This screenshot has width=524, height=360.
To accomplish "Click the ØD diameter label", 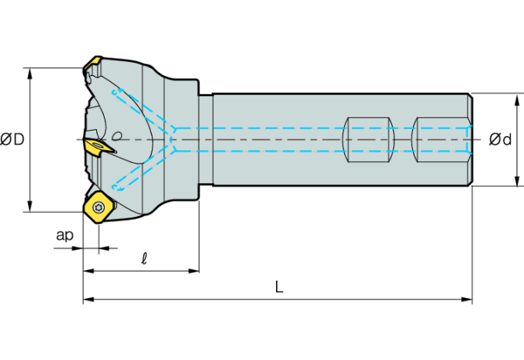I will tap(13, 139).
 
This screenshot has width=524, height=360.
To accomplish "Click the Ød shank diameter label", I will tap(501, 139).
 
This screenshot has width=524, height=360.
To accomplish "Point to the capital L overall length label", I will tap(279, 287).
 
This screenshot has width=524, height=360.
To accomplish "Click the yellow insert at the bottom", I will tap(98, 208).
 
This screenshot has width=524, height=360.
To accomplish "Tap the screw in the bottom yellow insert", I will tap(99, 207).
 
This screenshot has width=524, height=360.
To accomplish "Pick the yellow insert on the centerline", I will tap(99, 145).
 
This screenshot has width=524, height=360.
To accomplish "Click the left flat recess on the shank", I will tap(367, 139).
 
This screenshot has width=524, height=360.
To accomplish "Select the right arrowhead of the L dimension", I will tap(468, 299).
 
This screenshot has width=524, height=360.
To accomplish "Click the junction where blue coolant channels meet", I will tap(177, 139).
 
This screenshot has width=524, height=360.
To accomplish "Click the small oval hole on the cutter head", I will tap(117, 134).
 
